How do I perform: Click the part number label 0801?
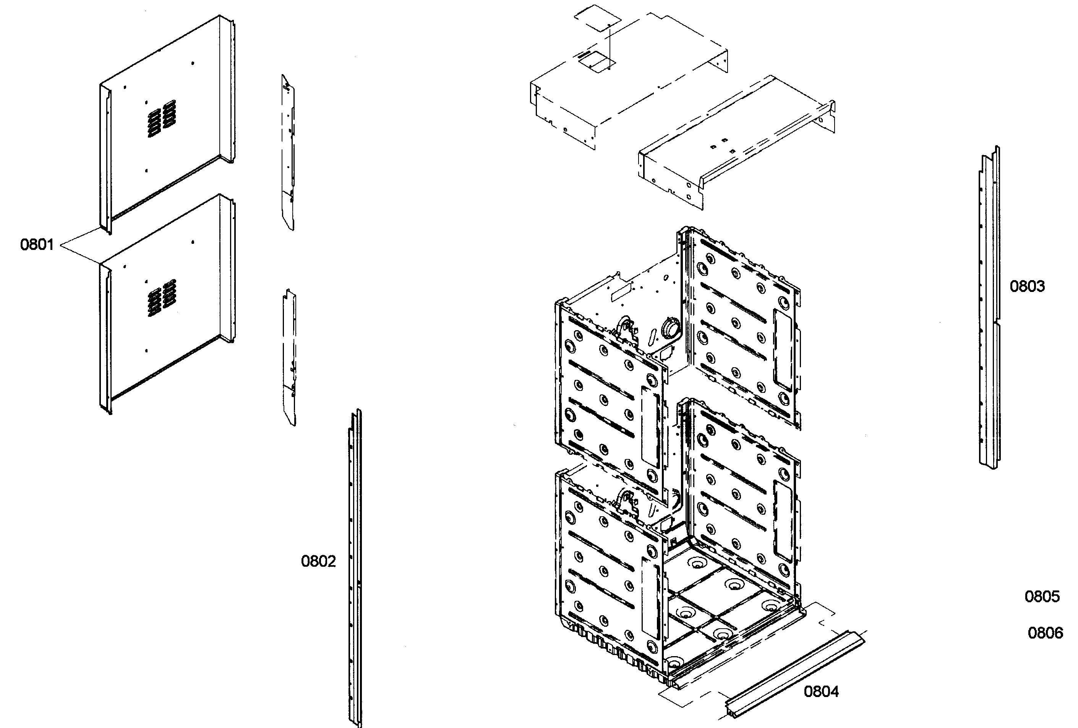pos(37,245)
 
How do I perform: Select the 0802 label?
pos(318,561)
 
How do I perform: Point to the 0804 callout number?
pos(821,691)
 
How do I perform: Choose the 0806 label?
pos(1045,633)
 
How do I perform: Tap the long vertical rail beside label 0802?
pos(355,566)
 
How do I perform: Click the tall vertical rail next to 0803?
pos(989,306)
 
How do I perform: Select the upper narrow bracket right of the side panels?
pos(288,153)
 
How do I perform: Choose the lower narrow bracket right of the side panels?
pos(289,357)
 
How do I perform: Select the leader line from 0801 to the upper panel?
pos(79,237)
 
